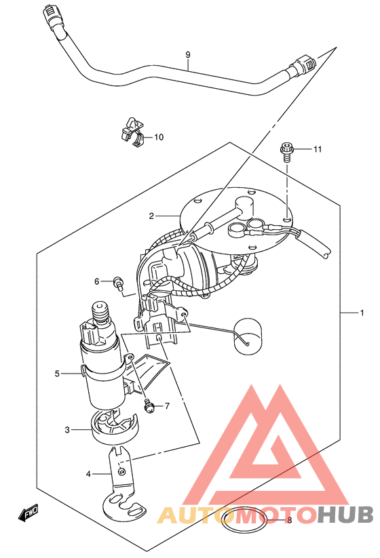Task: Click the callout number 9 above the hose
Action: pyautogui.click(x=188, y=55)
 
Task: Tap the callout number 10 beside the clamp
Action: pyautogui.click(x=159, y=137)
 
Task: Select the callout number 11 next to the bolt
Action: pyautogui.click(x=318, y=149)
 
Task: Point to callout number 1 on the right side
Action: pyautogui.click(x=362, y=313)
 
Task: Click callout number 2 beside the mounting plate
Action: pyautogui.click(x=151, y=216)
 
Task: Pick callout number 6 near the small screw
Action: pyautogui.click(x=97, y=281)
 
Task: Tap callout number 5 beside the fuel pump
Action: pyautogui.click(x=57, y=374)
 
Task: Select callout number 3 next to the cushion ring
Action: pyautogui.click(x=67, y=430)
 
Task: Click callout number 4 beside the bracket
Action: pyautogui.click(x=88, y=474)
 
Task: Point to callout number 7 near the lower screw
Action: pyautogui.click(x=167, y=406)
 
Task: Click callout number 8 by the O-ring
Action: pyautogui.click(x=289, y=520)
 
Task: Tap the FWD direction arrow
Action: pyautogui.click(x=28, y=513)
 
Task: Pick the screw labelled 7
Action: pyautogui.click(x=149, y=405)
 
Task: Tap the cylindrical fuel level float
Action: pyautogui.click(x=247, y=336)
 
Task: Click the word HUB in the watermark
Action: pyautogui.click(x=345, y=515)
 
